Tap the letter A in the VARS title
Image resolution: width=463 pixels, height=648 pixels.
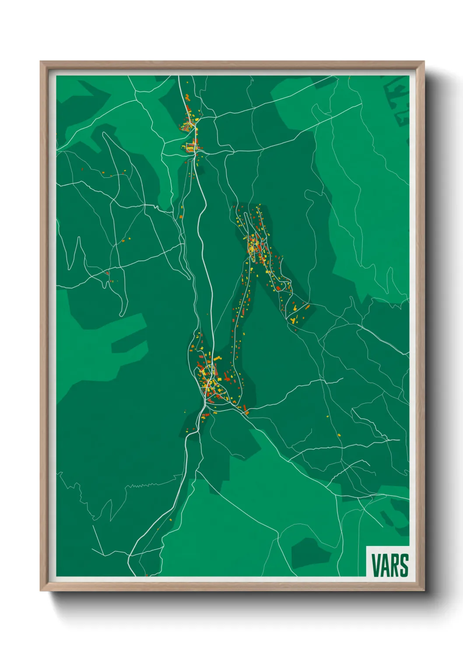385,565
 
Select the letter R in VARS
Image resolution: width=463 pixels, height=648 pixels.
395,565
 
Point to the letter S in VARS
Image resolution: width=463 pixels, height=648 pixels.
404,565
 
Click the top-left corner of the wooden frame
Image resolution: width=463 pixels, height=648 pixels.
41,62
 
